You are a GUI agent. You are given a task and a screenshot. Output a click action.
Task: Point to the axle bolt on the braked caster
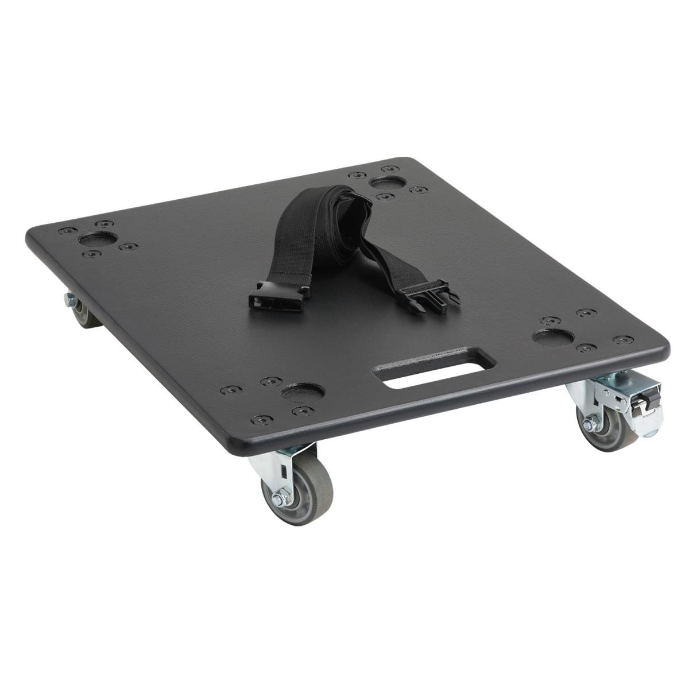589,425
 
